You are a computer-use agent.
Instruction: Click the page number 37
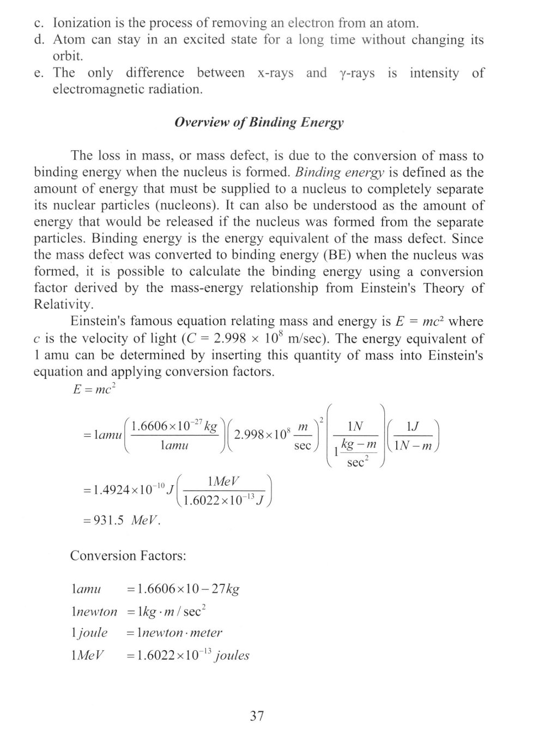tap(257, 715)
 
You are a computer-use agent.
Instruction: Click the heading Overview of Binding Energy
tap(259, 123)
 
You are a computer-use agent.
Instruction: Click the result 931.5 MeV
tap(121, 520)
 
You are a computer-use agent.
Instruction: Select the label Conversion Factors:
tap(128, 556)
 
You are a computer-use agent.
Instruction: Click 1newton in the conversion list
tap(94, 611)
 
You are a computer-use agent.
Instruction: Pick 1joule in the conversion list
tap(89, 633)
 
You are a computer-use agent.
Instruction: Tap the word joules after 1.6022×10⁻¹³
tap(232, 655)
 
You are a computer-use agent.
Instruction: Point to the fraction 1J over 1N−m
tap(413, 437)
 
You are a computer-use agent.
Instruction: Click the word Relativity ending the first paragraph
tap(60, 305)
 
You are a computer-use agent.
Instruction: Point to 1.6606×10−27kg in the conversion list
tap(183, 589)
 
